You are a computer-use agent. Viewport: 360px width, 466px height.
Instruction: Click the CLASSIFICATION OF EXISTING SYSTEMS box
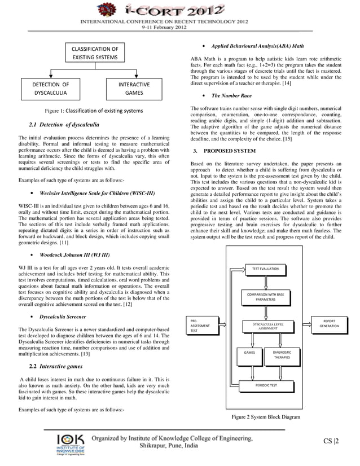pos(95,53)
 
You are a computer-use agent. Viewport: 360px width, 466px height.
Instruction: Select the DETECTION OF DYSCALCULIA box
pos(51,89)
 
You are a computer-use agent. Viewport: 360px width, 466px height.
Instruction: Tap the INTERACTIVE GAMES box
pos(134,89)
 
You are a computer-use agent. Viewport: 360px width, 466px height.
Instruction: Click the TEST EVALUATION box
pos(265,269)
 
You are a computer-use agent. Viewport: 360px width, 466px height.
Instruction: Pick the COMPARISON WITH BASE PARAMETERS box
pos(265,297)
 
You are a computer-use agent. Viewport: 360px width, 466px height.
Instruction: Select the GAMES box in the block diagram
pos(249,354)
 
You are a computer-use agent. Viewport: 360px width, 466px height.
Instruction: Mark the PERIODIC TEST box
pos(265,386)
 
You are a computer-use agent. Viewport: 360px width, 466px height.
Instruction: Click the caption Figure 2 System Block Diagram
pos(265,417)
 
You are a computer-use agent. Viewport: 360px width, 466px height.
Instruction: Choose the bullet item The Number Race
pos(231,96)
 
